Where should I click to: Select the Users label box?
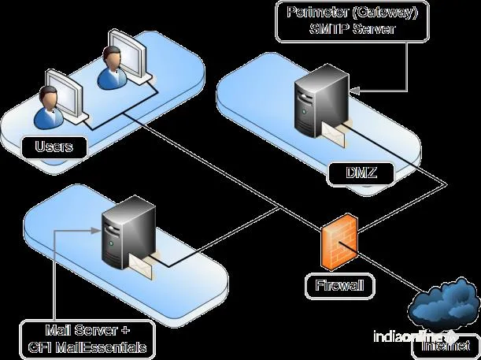pos(54,146)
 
